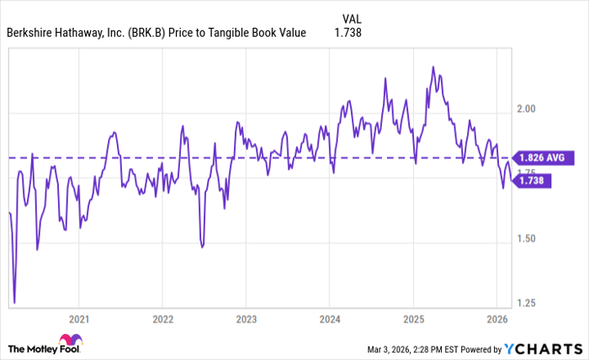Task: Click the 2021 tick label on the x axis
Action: (78, 319)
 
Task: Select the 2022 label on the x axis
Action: (162, 319)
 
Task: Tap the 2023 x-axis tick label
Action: (246, 319)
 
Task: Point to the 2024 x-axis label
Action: (330, 319)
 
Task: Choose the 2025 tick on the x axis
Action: (413, 319)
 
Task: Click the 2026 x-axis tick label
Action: (497, 319)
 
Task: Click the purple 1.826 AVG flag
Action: (544, 156)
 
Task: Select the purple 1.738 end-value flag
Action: (533, 180)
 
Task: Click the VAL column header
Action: (353, 19)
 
